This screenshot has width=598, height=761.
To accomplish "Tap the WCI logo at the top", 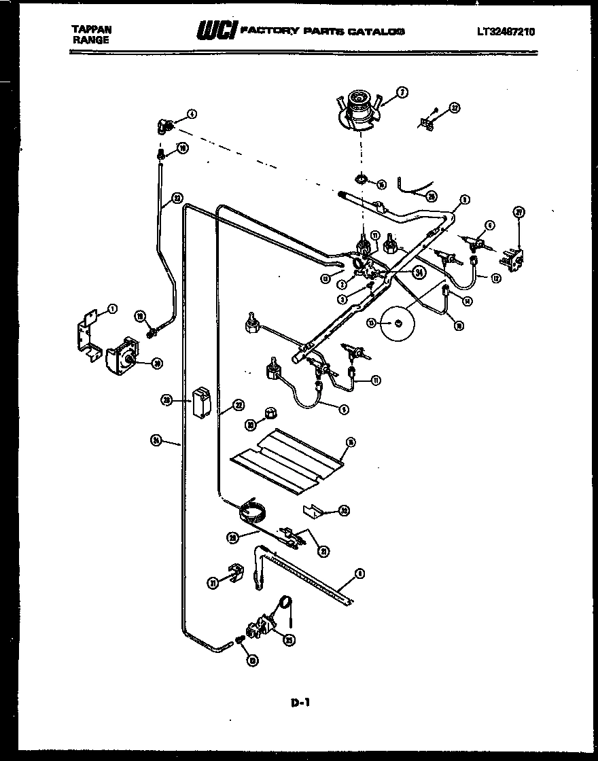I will click(x=216, y=31).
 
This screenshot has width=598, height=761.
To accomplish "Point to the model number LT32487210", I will click(x=506, y=31).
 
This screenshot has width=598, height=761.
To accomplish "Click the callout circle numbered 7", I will click(x=402, y=93).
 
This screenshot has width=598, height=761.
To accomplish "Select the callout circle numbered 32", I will click(x=455, y=107).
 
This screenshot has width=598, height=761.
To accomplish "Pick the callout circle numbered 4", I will click(x=192, y=115).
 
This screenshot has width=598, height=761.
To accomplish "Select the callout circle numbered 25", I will click(x=289, y=638).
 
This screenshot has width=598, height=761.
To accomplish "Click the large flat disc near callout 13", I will click(x=398, y=322).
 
